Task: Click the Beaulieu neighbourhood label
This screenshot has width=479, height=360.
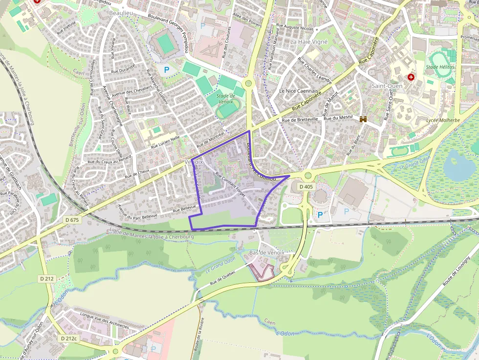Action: coord(121,13)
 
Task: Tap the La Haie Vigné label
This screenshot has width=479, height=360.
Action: coord(309,42)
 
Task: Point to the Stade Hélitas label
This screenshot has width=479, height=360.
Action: coord(440,66)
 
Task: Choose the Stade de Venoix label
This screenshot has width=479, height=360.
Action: coord(226,99)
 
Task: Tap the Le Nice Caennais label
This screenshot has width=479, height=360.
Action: coord(299,91)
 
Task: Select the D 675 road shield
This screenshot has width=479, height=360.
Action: coord(72,220)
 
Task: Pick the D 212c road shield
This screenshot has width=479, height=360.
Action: coord(69,338)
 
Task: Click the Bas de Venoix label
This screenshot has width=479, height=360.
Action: coord(266,253)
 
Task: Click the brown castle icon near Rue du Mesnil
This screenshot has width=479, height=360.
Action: coord(363,119)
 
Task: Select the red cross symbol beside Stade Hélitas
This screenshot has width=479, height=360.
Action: coord(411,77)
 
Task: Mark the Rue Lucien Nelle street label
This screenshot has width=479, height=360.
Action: coord(165,142)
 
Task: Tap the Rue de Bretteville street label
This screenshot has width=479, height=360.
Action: coord(300,119)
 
